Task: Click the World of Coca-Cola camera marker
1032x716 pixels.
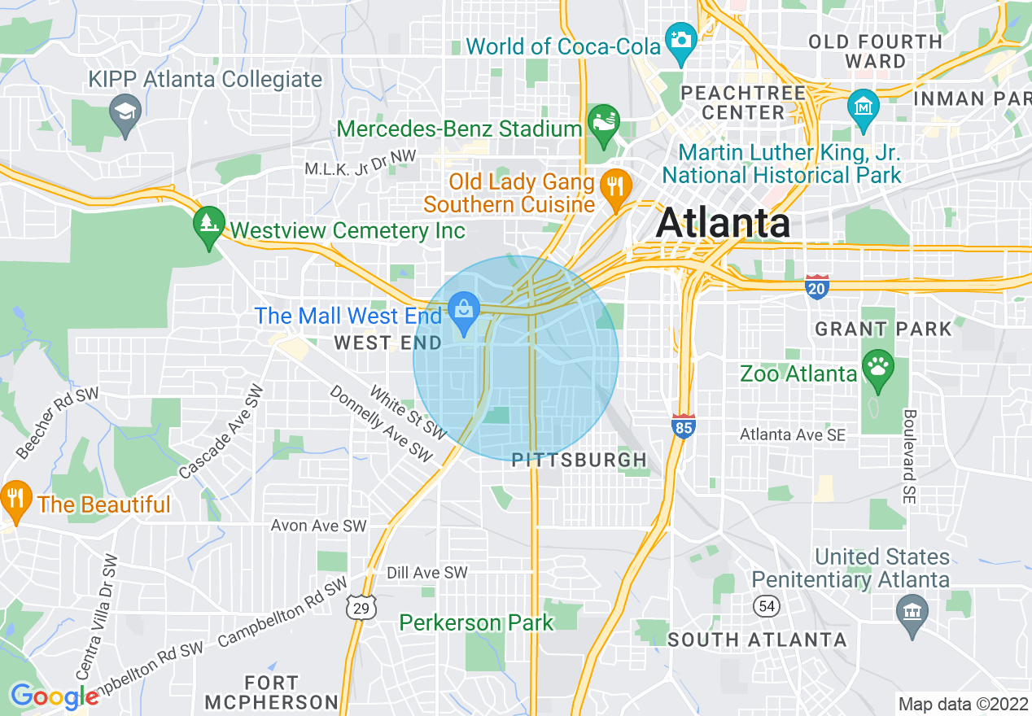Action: point(680,37)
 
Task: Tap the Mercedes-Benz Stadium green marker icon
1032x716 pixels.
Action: point(604,121)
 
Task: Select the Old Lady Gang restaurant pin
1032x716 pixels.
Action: point(616,186)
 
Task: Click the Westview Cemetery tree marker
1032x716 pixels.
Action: point(209,222)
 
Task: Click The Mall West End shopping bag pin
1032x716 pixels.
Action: point(464,311)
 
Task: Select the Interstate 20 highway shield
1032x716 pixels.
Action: point(817,287)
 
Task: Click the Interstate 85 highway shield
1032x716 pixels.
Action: point(684,426)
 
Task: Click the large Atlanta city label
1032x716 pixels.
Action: point(723,223)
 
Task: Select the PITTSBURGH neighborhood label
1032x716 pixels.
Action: point(579,461)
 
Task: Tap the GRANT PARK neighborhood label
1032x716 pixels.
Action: point(883,330)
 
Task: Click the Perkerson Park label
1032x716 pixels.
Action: point(476,623)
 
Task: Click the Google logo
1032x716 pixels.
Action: point(55,696)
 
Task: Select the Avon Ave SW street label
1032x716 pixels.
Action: point(319,526)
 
